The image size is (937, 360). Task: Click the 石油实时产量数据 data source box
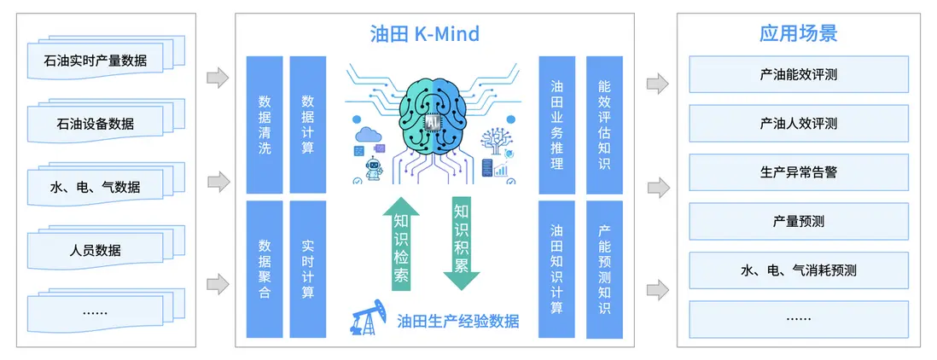(96, 61)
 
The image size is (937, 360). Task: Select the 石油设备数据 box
(96, 125)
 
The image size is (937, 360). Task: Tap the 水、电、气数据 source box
(96, 188)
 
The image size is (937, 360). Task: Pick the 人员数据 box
(96, 251)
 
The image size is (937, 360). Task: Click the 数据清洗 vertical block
(265, 125)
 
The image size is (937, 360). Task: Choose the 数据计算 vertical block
(308, 125)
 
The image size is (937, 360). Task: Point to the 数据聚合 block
(265, 270)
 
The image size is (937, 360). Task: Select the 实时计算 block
(308, 270)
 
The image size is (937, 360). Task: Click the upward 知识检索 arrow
(401, 244)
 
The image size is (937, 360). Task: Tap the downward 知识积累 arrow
(462, 244)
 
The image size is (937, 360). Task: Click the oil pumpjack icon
(369, 318)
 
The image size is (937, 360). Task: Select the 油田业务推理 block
(557, 125)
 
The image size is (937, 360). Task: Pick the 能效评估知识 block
(604, 125)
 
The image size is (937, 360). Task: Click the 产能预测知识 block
(604, 270)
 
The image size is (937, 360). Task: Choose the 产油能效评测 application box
(799, 74)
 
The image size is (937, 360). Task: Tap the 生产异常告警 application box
(799, 172)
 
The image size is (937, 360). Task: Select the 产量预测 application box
(799, 222)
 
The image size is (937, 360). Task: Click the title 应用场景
(799, 33)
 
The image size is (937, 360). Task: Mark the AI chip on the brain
(432, 122)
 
